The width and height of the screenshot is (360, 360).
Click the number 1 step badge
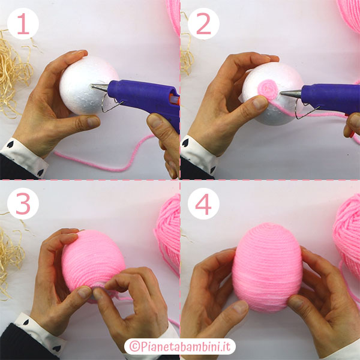23,23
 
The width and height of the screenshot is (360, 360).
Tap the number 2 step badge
203,23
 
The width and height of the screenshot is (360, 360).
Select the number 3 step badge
23,203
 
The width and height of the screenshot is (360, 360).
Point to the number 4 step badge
203,203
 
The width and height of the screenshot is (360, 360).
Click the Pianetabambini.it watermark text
180,346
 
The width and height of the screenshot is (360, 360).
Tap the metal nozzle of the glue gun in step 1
100,88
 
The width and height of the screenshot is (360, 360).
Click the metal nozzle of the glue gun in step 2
290,94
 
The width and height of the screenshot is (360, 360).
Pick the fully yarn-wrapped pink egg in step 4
267,267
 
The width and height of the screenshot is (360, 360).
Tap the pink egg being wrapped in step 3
93,264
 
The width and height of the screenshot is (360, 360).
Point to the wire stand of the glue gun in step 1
110,103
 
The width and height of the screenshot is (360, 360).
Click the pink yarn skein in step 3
167,234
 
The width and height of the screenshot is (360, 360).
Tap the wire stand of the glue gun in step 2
305,110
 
